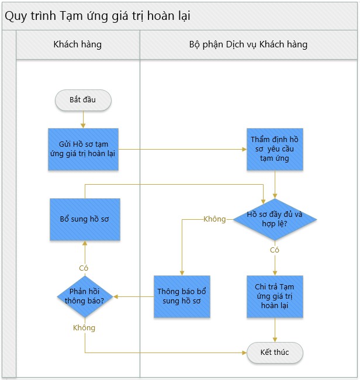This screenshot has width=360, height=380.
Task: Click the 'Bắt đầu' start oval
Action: (83, 100)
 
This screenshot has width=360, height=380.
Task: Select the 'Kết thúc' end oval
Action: (275, 353)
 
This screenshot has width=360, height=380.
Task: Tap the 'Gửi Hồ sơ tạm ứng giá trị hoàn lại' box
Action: (83, 149)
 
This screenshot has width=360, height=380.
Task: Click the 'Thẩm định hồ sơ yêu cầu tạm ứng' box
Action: (275, 149)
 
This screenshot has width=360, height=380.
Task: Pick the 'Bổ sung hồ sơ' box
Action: (85, 219)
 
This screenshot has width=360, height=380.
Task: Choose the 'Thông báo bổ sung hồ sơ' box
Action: (182, 296)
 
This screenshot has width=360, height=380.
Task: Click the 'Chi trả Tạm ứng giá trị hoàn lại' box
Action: (275, 296)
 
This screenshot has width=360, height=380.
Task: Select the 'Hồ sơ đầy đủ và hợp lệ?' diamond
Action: (275, 219)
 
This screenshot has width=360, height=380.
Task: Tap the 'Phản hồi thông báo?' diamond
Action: (85, 296)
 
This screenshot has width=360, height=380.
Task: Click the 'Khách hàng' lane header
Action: (78, 44)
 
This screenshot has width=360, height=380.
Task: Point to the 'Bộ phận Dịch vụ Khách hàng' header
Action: (248, 44)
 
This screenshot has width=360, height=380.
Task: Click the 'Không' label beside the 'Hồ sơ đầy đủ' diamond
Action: (214, 219)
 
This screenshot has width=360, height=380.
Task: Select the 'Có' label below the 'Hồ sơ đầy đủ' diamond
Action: (275, 250)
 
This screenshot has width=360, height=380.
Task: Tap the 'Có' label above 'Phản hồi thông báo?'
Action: (84, 268)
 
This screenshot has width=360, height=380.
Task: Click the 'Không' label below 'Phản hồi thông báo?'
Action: (84, 328)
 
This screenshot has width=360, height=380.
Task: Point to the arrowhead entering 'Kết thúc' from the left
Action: (244, 353)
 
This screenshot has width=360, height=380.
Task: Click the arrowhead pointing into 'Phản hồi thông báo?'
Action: (116, 296)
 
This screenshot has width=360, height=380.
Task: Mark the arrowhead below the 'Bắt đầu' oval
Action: (83, 126)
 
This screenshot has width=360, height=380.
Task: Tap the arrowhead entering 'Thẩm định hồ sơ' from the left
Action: (244, 149)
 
